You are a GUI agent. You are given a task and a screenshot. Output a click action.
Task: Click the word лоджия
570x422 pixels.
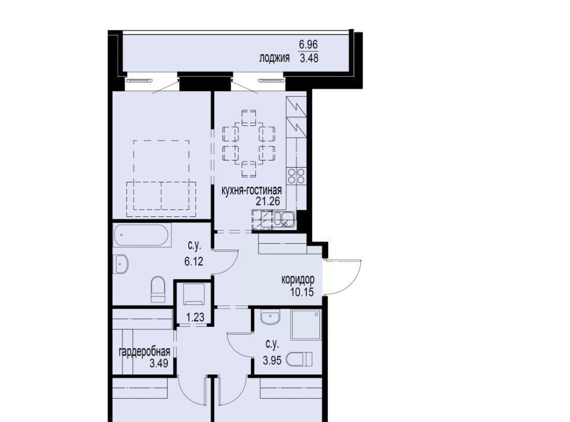[274, 58]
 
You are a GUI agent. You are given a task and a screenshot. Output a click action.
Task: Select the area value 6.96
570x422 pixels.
[308, 45]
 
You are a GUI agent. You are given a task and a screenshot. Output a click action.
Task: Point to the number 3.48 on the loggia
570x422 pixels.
[309, 58]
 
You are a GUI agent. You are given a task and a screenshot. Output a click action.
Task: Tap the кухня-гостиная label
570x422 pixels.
[252, 190]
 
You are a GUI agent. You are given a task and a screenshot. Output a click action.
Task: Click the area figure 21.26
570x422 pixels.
[268, 201]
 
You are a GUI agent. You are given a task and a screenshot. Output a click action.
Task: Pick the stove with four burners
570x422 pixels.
[296, 176]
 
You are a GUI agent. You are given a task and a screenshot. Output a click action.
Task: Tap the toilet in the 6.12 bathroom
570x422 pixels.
[158, 289]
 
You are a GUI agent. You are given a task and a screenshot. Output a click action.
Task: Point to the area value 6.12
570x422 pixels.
[194, 261]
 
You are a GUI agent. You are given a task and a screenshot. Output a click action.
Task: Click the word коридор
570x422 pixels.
[298, 280]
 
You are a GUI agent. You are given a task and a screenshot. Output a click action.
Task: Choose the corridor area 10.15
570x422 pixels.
[302, 292]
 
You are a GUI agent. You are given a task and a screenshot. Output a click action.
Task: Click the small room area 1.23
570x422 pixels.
[195, 317]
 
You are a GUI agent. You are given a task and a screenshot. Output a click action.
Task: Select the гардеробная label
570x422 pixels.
[145, 352]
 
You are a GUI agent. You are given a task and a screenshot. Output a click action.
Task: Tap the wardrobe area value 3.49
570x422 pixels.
[159, 363]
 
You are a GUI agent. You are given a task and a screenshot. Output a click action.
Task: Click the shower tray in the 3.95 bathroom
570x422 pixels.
[306, 325]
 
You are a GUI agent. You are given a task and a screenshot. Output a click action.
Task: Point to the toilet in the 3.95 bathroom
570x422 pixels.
[299, 360]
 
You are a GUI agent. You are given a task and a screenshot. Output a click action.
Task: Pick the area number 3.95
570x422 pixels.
[273, 361]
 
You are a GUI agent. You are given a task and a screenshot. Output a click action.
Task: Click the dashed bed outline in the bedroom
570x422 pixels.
[161, 175]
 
